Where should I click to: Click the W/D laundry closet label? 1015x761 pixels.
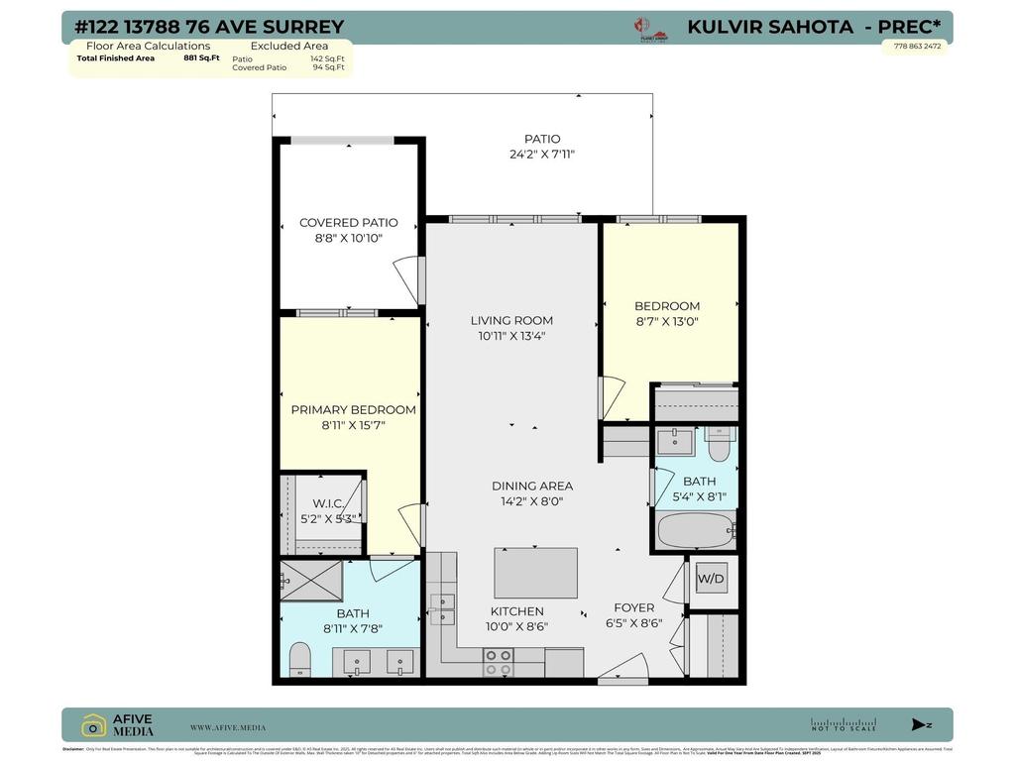click(711, 579)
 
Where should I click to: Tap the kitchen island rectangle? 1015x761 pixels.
click(535, 573)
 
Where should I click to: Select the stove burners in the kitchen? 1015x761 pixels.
click(498, 661)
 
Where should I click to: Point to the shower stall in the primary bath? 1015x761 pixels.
click(310, 581)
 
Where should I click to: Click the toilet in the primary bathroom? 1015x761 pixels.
click(299, 658)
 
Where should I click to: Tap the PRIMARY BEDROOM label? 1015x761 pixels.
click(353, 409)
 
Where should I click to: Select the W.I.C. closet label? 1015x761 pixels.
click(328, 503)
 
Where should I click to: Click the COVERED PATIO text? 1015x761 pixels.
click(349, 223)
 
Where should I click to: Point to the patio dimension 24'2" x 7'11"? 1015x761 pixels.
click(542, 155)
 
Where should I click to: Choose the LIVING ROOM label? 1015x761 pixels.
click(511, 320)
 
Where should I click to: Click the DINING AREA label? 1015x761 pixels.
click(532, 486)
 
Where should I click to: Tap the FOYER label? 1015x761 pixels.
click(633, 607)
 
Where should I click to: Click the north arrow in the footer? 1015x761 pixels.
click(921, 725)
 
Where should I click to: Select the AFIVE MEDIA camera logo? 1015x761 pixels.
click(94, 725)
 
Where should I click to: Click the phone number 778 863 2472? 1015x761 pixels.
click(917, 46)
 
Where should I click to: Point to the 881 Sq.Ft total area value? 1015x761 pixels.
click(201, 58)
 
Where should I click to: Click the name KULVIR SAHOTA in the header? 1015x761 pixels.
click(770, 27)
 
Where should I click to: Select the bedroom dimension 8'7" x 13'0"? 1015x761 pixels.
click(667, 321)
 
